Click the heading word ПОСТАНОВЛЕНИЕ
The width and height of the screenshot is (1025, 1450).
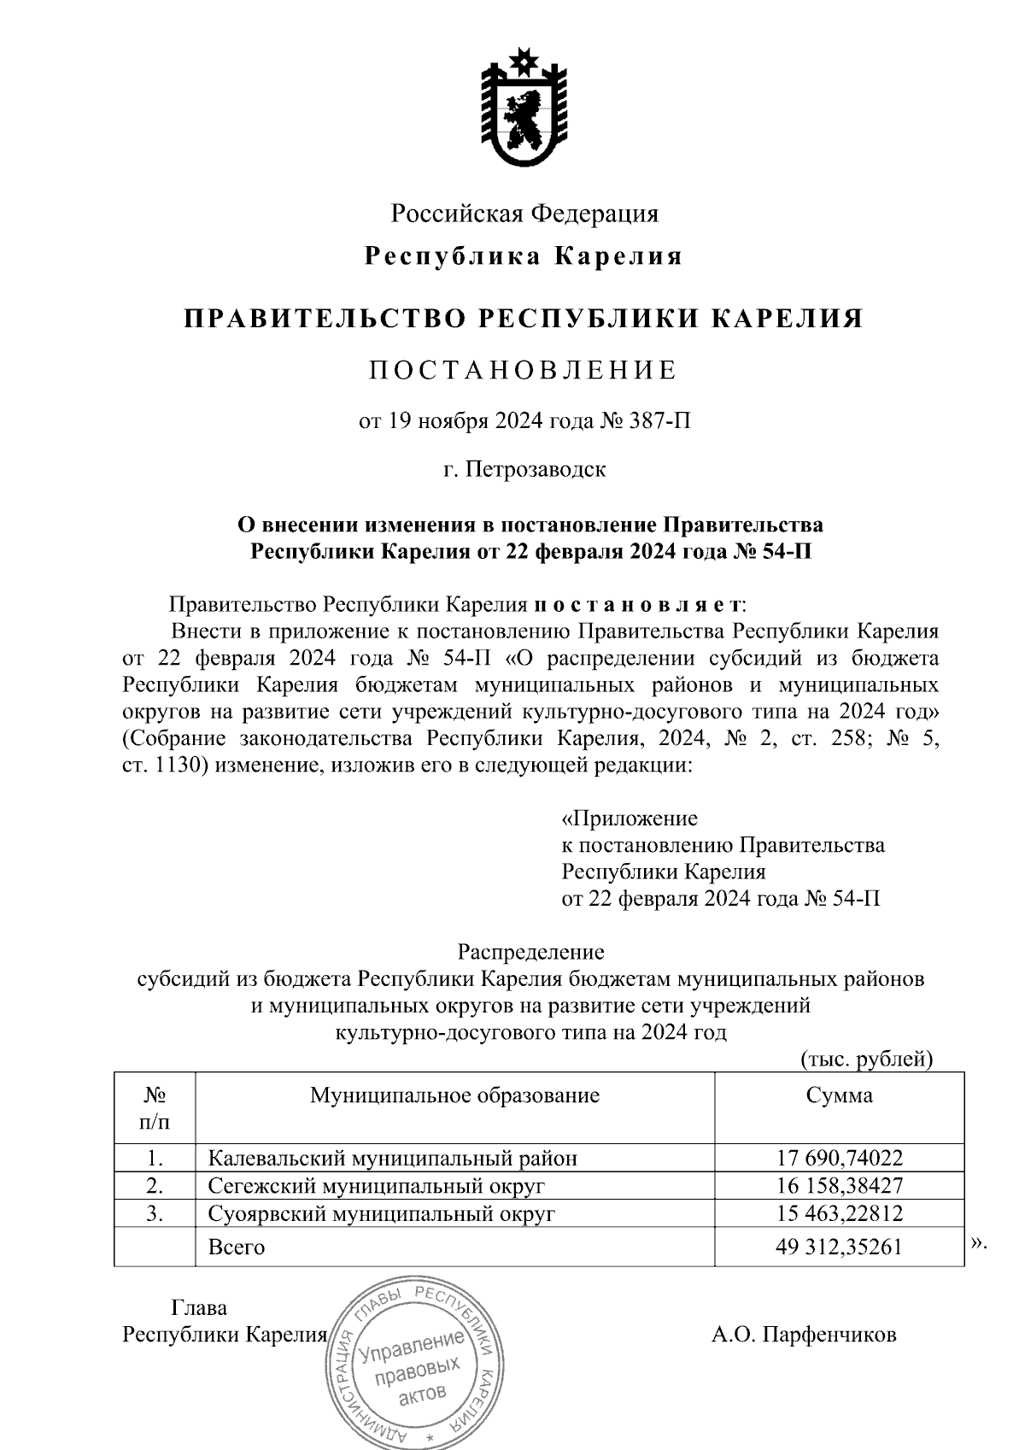click(523, 370)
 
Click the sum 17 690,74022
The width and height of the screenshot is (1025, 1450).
click(840, 1158)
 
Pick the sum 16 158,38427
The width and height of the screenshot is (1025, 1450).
click(840, 1185)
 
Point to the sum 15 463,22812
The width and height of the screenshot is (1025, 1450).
click(840, 1213)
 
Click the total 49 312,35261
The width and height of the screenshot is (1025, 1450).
click(840, 1247)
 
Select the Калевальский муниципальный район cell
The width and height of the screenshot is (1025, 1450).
click(393, 1158)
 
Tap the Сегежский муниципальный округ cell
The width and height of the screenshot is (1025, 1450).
click(377, 1185)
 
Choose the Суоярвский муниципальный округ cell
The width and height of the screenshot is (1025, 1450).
click(382, 1213)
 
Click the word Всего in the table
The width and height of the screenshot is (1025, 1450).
click(237, 1247)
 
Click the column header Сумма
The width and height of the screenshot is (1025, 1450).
click(840, 1095)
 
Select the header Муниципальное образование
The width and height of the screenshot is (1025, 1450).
click(454, 1095)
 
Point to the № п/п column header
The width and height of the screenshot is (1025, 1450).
click(155, 1107)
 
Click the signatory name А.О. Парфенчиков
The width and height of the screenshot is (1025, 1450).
click(804, 1335)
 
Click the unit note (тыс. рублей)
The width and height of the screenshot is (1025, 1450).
click(866, 1060)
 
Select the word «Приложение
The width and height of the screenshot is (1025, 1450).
click(630, 818)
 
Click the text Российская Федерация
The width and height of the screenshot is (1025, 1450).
click(524, 213)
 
